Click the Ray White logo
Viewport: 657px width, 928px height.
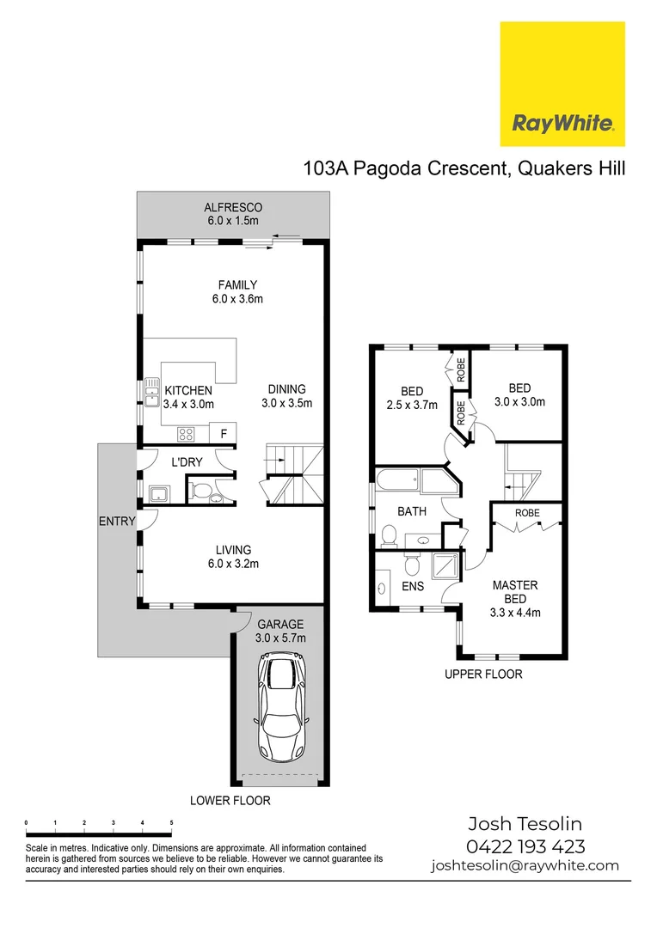click(x=562, y=83)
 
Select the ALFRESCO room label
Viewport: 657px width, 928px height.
click(x=233, y=208)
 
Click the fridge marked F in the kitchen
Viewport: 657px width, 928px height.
click(x=224, y=433)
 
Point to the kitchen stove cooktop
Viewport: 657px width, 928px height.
click(x=186, y=435)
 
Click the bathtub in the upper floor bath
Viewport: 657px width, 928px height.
click(x=415, y=481)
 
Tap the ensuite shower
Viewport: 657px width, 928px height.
click(x=446, y=566)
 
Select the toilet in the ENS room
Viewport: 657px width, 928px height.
click(x=412, y=565)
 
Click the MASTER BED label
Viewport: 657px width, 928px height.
click(x=515, y=592)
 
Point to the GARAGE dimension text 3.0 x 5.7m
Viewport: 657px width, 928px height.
click(x=280, y=638)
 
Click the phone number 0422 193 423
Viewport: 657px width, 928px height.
click(x=525, y=846)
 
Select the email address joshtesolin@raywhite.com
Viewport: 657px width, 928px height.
click(x=525, y=866)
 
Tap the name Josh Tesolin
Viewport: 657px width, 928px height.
click(x=525, y=824)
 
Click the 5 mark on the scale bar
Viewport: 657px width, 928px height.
click(x=171, y=822)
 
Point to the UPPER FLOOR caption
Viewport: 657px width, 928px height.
click(x=483, y=675)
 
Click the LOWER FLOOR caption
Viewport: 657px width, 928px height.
click(x=230, y=801)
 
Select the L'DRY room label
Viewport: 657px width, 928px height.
click(x=187, y=462)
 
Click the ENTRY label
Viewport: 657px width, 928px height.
click(x=117, y=522)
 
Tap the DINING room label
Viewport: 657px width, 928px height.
click(x=286, y=389)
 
